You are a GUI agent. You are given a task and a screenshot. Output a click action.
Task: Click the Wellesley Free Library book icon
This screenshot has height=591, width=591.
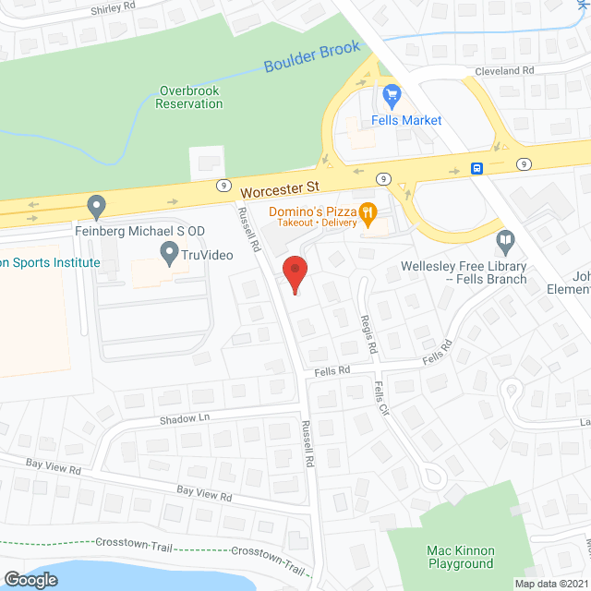tap(505, 242)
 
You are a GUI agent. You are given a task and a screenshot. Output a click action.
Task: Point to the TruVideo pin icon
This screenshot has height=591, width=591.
tap(169, 251)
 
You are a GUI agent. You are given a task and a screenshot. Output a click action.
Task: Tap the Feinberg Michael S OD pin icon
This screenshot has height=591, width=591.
tap(96, 204)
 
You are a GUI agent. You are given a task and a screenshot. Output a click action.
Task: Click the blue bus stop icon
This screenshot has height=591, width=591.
tap(477, 169)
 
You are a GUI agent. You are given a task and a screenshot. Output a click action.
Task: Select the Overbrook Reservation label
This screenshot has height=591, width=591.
tap(190, 97)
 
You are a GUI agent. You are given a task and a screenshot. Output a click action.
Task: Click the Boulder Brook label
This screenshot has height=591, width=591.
tap(311, 57)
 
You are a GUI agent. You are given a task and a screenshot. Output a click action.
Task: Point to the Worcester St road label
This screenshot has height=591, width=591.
tap(280, 188)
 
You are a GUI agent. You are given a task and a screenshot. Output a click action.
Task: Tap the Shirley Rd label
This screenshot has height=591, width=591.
tap(113, 10)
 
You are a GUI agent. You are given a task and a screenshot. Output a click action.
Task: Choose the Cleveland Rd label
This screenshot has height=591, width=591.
tap(505, 70)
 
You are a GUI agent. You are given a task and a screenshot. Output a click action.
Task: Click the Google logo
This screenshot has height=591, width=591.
tap(30, 579)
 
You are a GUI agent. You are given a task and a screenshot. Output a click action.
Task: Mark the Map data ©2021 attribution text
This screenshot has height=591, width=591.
tap(550, 584)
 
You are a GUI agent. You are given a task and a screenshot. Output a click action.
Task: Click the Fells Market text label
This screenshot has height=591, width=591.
tap(408, 120)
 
